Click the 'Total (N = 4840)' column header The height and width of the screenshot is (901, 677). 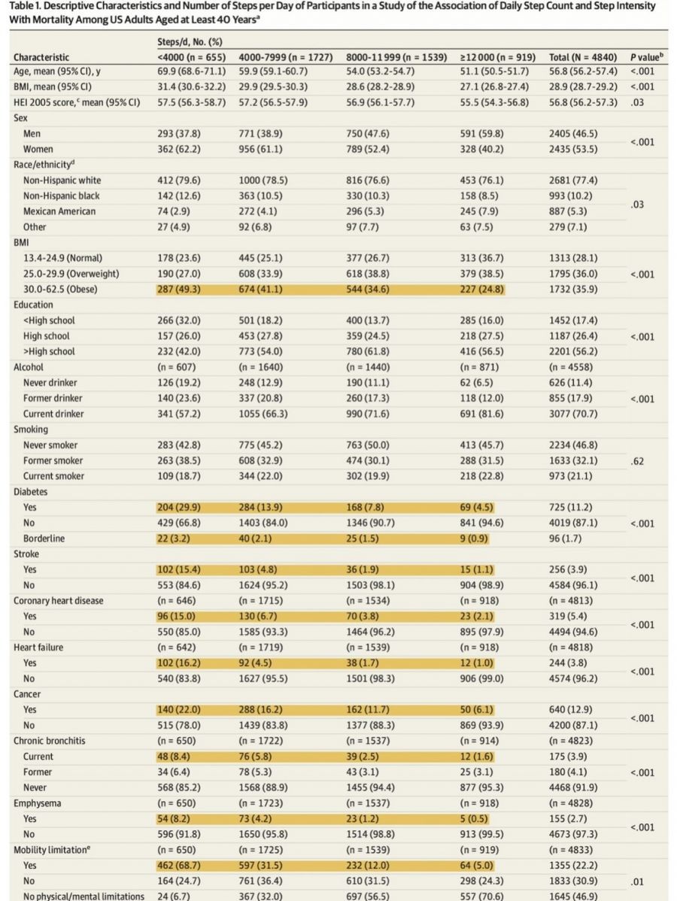coord(583,57)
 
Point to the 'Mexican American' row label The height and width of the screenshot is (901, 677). coord(59,211)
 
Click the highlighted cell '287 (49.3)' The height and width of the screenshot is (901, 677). coord(182,289)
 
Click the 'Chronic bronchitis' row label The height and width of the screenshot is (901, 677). coord(49,741)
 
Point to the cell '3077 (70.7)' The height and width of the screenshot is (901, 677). coord(575,414)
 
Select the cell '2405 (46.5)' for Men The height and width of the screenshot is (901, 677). coord(575,134)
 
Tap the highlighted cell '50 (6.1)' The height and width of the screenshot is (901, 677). coord(479,709)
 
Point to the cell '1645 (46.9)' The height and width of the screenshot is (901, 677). coord(575,896)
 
